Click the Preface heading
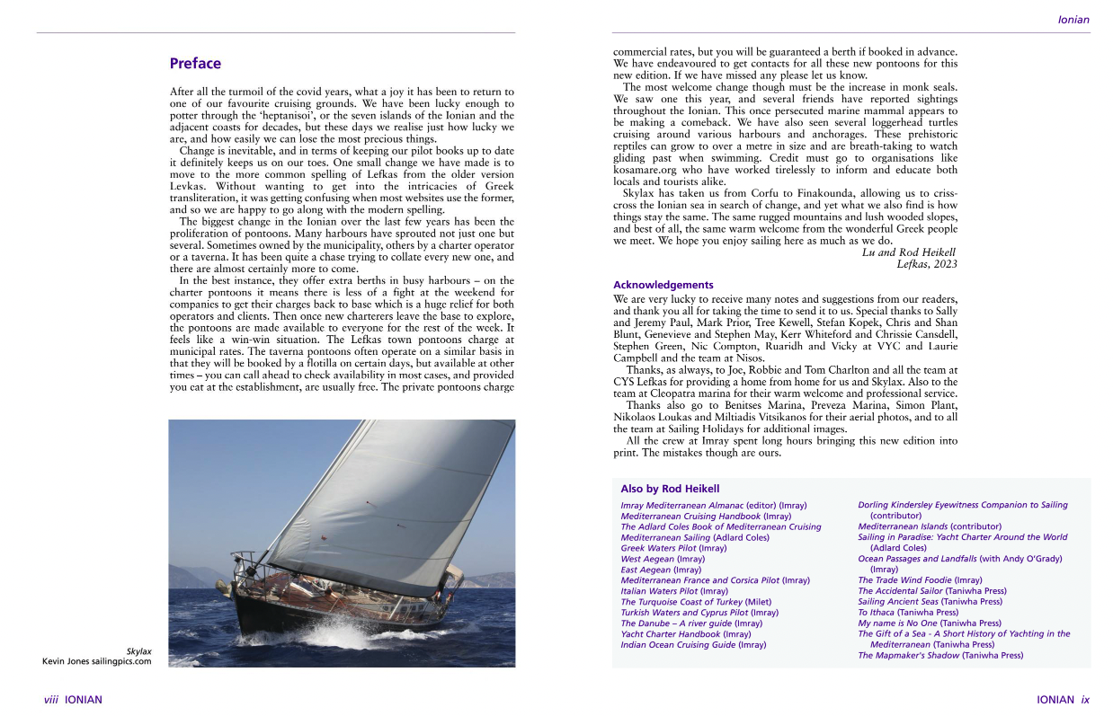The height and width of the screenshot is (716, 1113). tap(195, 64)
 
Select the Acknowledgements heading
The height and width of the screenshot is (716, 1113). tap(663, 285)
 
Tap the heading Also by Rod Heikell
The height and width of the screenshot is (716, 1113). tap(670, 489)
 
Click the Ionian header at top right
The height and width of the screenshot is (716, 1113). tap(1073, 20)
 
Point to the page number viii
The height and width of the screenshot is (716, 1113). tap(51, 700)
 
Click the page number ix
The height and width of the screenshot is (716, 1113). tap(1084, 700)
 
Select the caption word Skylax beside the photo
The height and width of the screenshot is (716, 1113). tap(138, 650)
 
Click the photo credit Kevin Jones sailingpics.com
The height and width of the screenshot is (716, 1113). tap(97, 661)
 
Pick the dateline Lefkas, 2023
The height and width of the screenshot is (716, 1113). tap(927, 264)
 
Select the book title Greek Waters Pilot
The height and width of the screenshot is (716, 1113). tap(658, 548)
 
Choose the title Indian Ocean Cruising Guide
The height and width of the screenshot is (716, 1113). tap(678, 645)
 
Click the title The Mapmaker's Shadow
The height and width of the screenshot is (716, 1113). tap(908, 656)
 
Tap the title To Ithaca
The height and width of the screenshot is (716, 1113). tap(876, 613)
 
